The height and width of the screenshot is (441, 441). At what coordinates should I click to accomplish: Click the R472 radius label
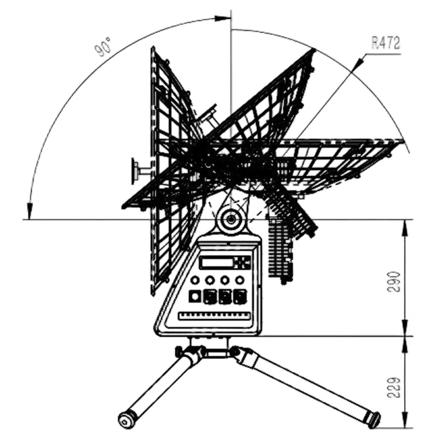click(385, 43)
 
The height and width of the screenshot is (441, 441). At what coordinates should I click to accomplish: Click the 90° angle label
click(103, 47)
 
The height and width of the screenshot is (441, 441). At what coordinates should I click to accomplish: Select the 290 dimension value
click(394, 282)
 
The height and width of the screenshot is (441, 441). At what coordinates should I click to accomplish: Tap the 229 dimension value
click(394, 388)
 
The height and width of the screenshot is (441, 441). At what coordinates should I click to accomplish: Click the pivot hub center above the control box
click(230, 219)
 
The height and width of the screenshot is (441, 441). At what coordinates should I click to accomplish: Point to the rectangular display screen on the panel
click(216, 262)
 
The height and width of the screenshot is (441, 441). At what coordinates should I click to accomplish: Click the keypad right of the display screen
click(242, 262)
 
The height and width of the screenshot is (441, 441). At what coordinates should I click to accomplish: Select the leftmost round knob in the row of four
click(195, 280)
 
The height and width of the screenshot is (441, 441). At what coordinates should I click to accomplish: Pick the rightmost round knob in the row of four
click(240, 280)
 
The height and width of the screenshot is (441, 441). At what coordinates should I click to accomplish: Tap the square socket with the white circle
click(195, 297)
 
